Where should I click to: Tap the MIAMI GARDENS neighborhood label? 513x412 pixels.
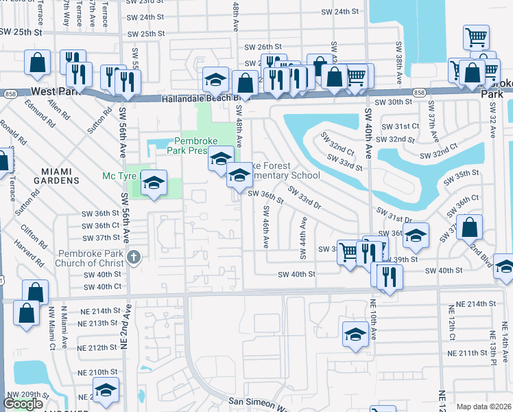tap(60, 175)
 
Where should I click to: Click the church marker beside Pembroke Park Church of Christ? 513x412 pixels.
tap(134, 257)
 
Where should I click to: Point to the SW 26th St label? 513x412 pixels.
tap(255, 47)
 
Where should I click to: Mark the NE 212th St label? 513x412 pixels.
tap(98, 347)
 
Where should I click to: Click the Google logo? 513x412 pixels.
tap(23, 404)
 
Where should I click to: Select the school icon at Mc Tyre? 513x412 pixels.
tap(154, 183)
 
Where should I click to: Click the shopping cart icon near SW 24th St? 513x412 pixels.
tap(476, 37)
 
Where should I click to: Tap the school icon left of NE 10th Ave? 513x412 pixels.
tap(355, 334)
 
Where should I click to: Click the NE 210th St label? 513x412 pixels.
tap(98, 372)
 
